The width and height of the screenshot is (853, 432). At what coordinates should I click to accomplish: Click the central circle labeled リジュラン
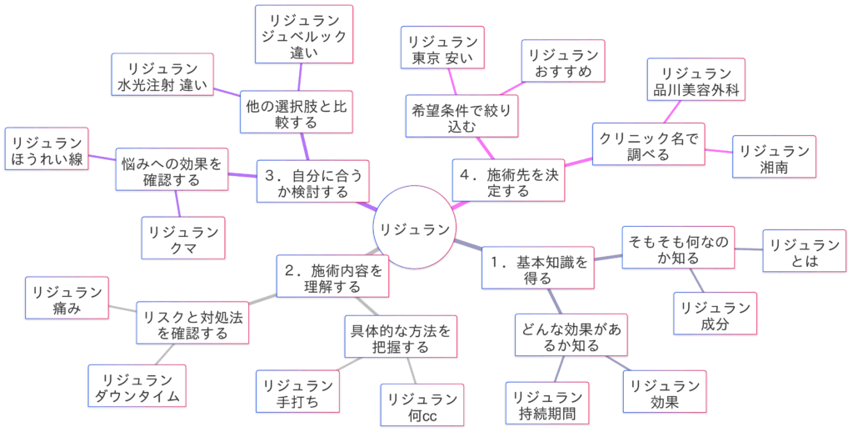pyautogui.click(x=414, y=228)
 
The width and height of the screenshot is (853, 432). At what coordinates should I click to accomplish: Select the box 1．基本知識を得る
pyautogui.click(x=539, y=269)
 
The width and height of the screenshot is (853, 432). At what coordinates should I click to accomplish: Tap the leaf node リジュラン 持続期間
pyautogui.click(x=546, y=404)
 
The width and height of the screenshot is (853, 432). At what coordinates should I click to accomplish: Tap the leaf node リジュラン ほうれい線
pyautogui.click(x=47, y=150)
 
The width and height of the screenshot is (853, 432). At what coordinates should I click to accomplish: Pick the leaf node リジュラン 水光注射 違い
pyautogui.click(x=162, y=76)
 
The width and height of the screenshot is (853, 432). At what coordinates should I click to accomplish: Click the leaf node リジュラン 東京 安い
pyautogui.click(x=443, y=48)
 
